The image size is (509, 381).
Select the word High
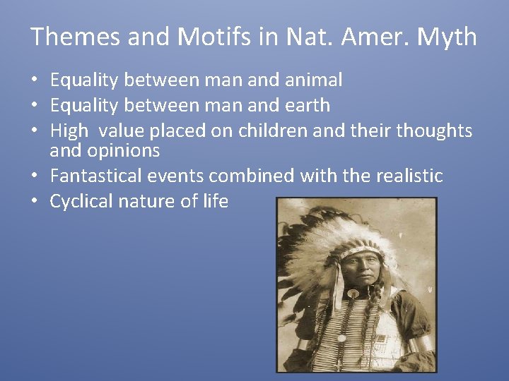pyautogui.click(x=69, y=131)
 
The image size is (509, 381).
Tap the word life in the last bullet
pyautogui.click(x=215, y=201)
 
